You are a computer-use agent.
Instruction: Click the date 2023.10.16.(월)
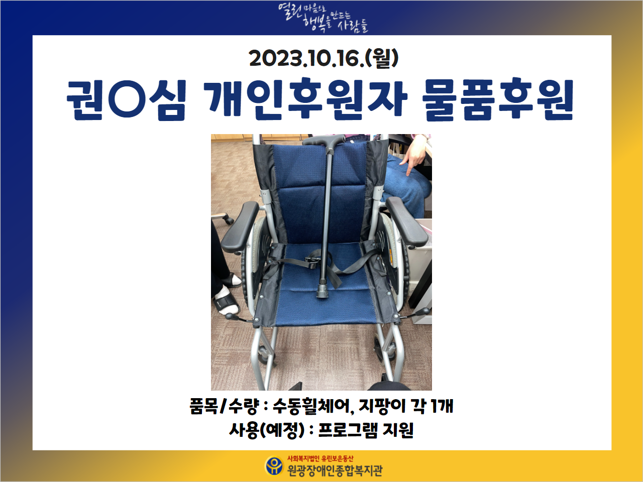tap(324, 58)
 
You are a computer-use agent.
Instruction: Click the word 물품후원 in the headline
tap(497, 99)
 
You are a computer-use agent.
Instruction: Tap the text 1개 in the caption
tap(443, 406)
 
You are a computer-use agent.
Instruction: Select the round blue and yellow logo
tap(274, 466)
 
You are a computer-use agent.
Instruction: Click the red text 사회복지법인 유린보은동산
tap(320, 458)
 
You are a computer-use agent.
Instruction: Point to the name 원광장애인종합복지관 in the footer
tap(335, 470)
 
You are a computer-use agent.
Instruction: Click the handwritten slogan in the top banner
tap(323, 18)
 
